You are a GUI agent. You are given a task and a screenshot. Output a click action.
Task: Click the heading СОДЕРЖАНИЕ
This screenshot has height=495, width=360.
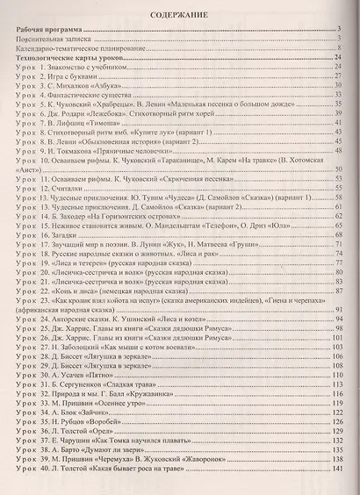(180, 15)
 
